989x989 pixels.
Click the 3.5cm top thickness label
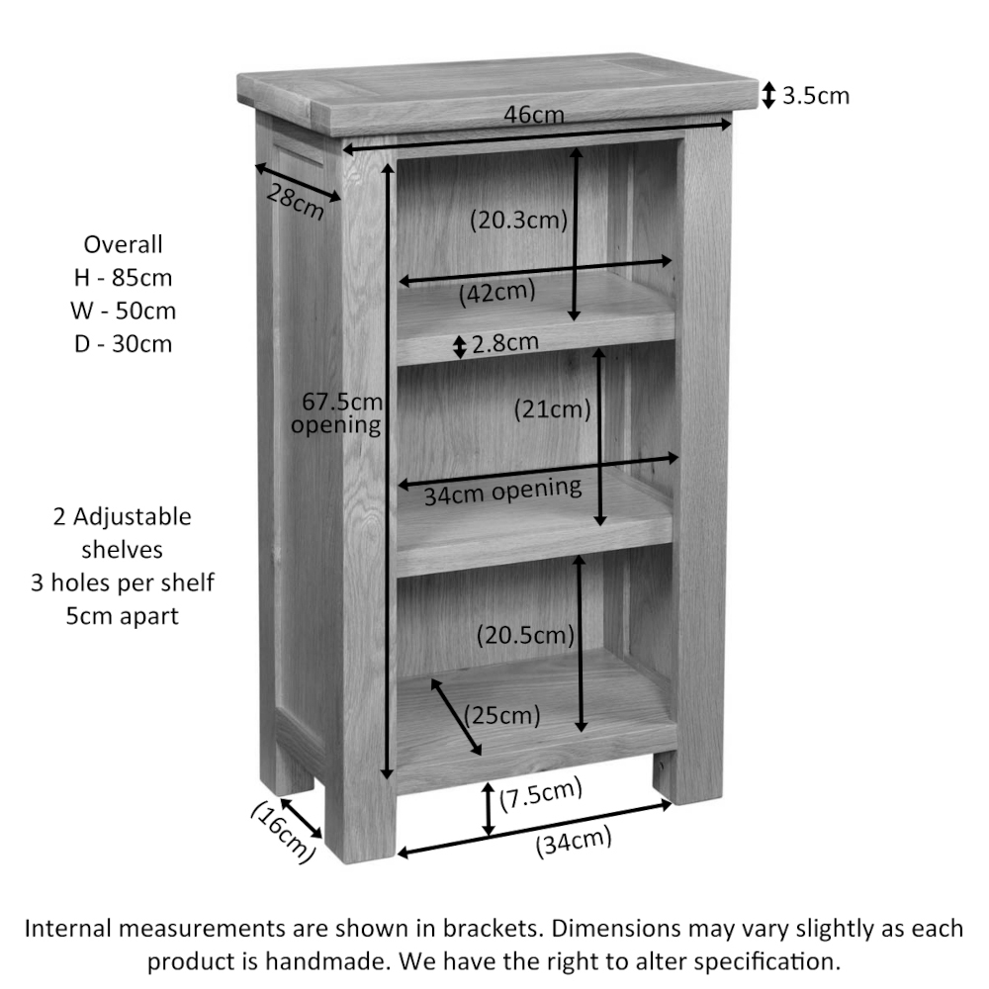pyautogui.click(x=816, y=96)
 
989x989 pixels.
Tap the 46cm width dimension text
pyautogui.click(x=534, y=115)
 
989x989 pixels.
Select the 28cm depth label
pyautogui.click(x=295, y=201)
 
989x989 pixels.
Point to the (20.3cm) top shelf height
pyautogui.click(x=518, y=221)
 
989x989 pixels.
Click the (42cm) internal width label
pyautogui.click(x=497, y=293)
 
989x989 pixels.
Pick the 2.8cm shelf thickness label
pyautogui.click(x=505, y=342)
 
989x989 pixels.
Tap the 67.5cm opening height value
pyautogui.click(x=342, y=402)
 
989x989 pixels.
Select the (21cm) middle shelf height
pyautogui.click(x=552, y=409)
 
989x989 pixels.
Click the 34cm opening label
pyautogui.click(x=502, y=491)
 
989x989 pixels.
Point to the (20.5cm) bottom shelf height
pyautogui.click(x=525, y=635)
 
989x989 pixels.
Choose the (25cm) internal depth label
pyautogui.click(x=502, y=716)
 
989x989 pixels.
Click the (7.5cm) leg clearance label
pyautogui.click(x=541, y=795)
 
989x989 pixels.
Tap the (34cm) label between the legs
pyautogui.click(x=574, y=842)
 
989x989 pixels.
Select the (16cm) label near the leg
pyautogui.click(x=282, y=832)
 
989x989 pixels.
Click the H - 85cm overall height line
pyautogui.click(x=123, y=278)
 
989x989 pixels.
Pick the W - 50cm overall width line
pyautogui.click(x=123, y=311)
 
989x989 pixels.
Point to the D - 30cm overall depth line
pyautogui.click(x=123, y=344)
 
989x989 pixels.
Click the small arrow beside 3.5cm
pyautogui.click(x=768, y=95)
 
